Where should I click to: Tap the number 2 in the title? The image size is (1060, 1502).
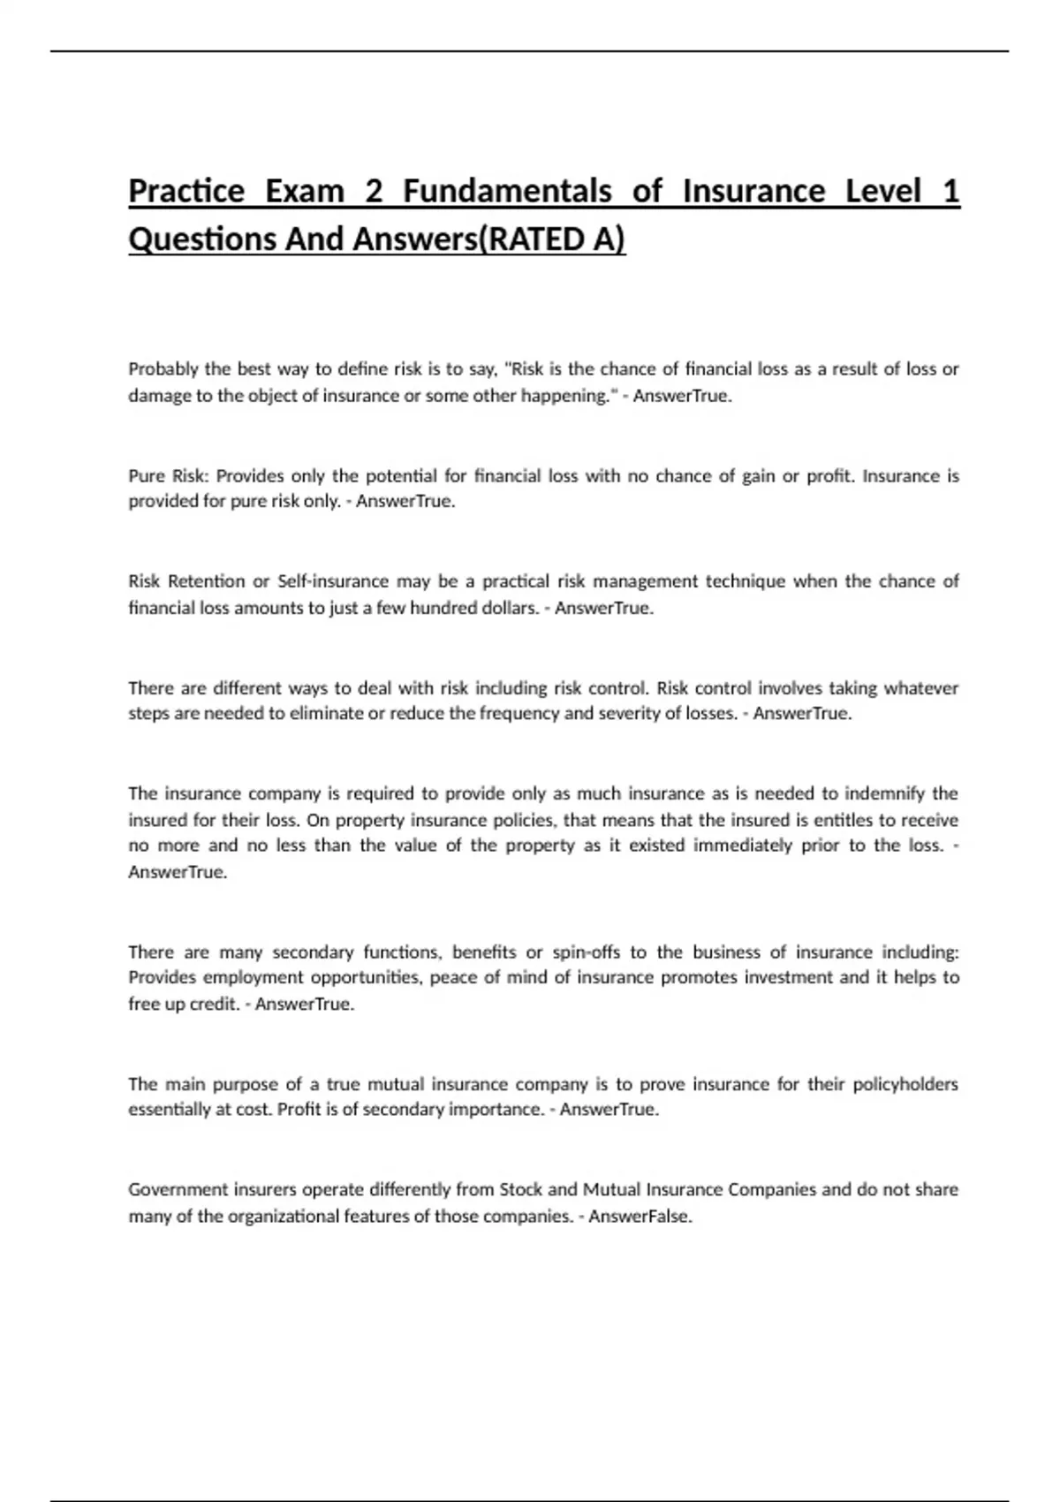tap(373, 192)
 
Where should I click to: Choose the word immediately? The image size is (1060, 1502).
tap(743, 846)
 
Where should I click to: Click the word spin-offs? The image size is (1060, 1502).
tap(587, 952)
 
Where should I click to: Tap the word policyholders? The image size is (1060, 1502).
tap(905, 1084)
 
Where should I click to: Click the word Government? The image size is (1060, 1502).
tap(172, 1190)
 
